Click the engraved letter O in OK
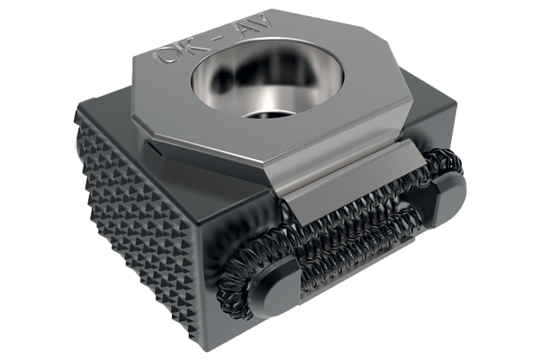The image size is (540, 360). [164, 54]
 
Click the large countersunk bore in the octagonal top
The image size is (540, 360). [267, 83]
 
